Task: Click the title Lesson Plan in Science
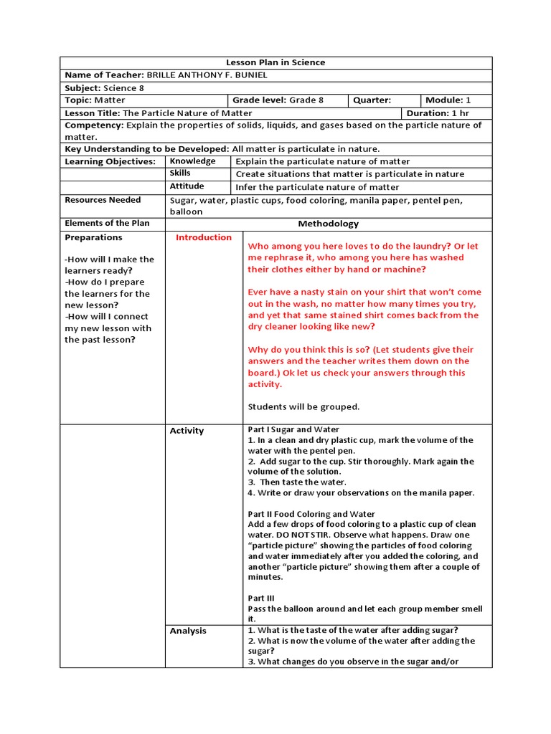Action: (275, 62)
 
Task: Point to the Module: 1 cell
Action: (448, 100)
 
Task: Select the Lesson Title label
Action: (93, 113)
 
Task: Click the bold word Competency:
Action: (94, 125)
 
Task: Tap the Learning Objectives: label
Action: (110, 161)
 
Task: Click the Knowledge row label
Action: (192, 161)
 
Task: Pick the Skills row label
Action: (180, 173)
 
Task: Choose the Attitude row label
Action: (187, 186)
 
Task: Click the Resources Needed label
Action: (103, 200)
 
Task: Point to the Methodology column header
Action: (329, 224)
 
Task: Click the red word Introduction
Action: (204, 237)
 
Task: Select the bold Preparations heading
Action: (93, 237)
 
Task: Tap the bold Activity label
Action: (187, 431)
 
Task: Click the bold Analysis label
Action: (188, 631)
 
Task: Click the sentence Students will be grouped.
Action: (303, 407)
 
